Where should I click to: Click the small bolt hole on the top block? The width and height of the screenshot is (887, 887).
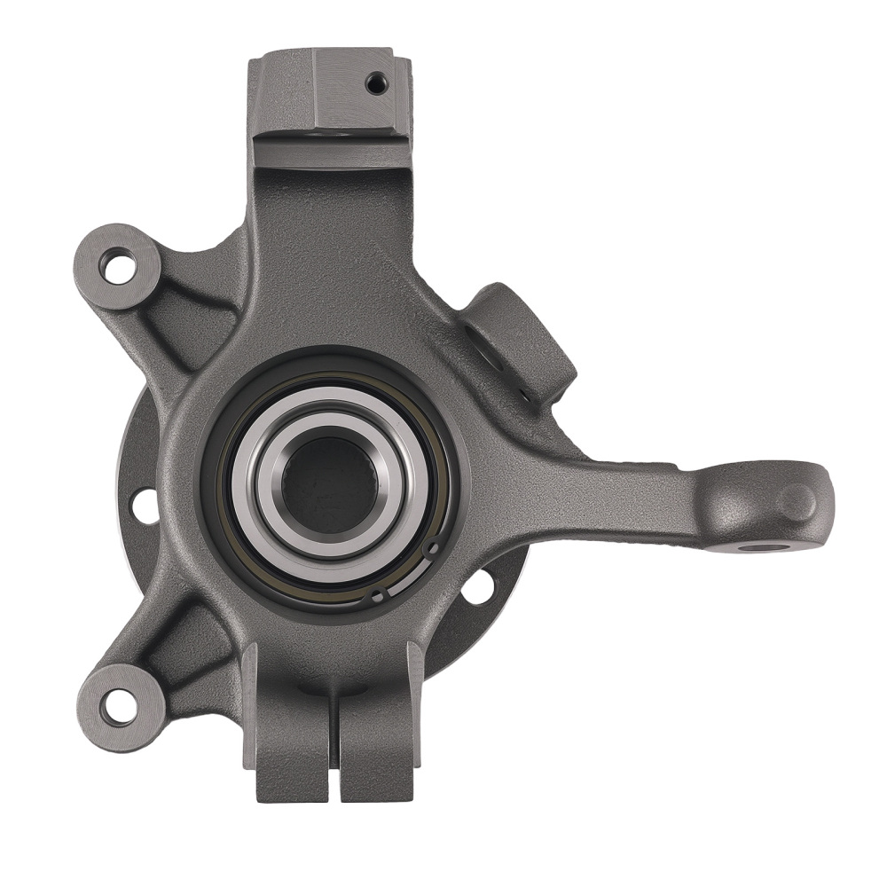pyautogui.click(x=375, y=84)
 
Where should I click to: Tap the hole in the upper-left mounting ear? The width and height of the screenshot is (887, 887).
pyautogui.click(x=117, y=265)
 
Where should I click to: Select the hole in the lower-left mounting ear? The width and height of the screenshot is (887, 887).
pyautogui.click(x=119, y=706)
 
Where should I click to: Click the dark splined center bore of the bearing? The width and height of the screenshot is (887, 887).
pyautogui.click(x=330, y=483)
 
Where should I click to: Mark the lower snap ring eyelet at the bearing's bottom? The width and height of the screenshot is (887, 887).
pyautogui.click(x=379, y=595)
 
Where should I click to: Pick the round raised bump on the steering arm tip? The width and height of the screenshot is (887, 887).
pyautogui.click(x=797, y=502)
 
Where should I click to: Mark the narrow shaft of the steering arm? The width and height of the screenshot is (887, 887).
pyautogui.click(x=621, y=492)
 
